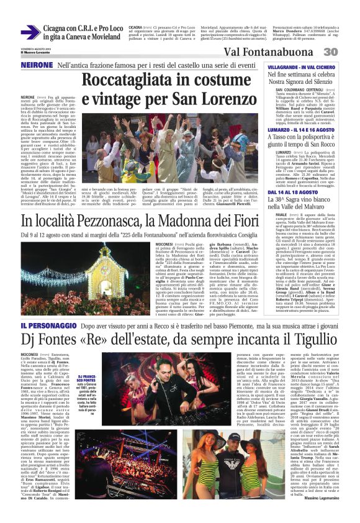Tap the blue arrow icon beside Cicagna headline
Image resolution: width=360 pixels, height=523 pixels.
[x=30, y=32]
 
